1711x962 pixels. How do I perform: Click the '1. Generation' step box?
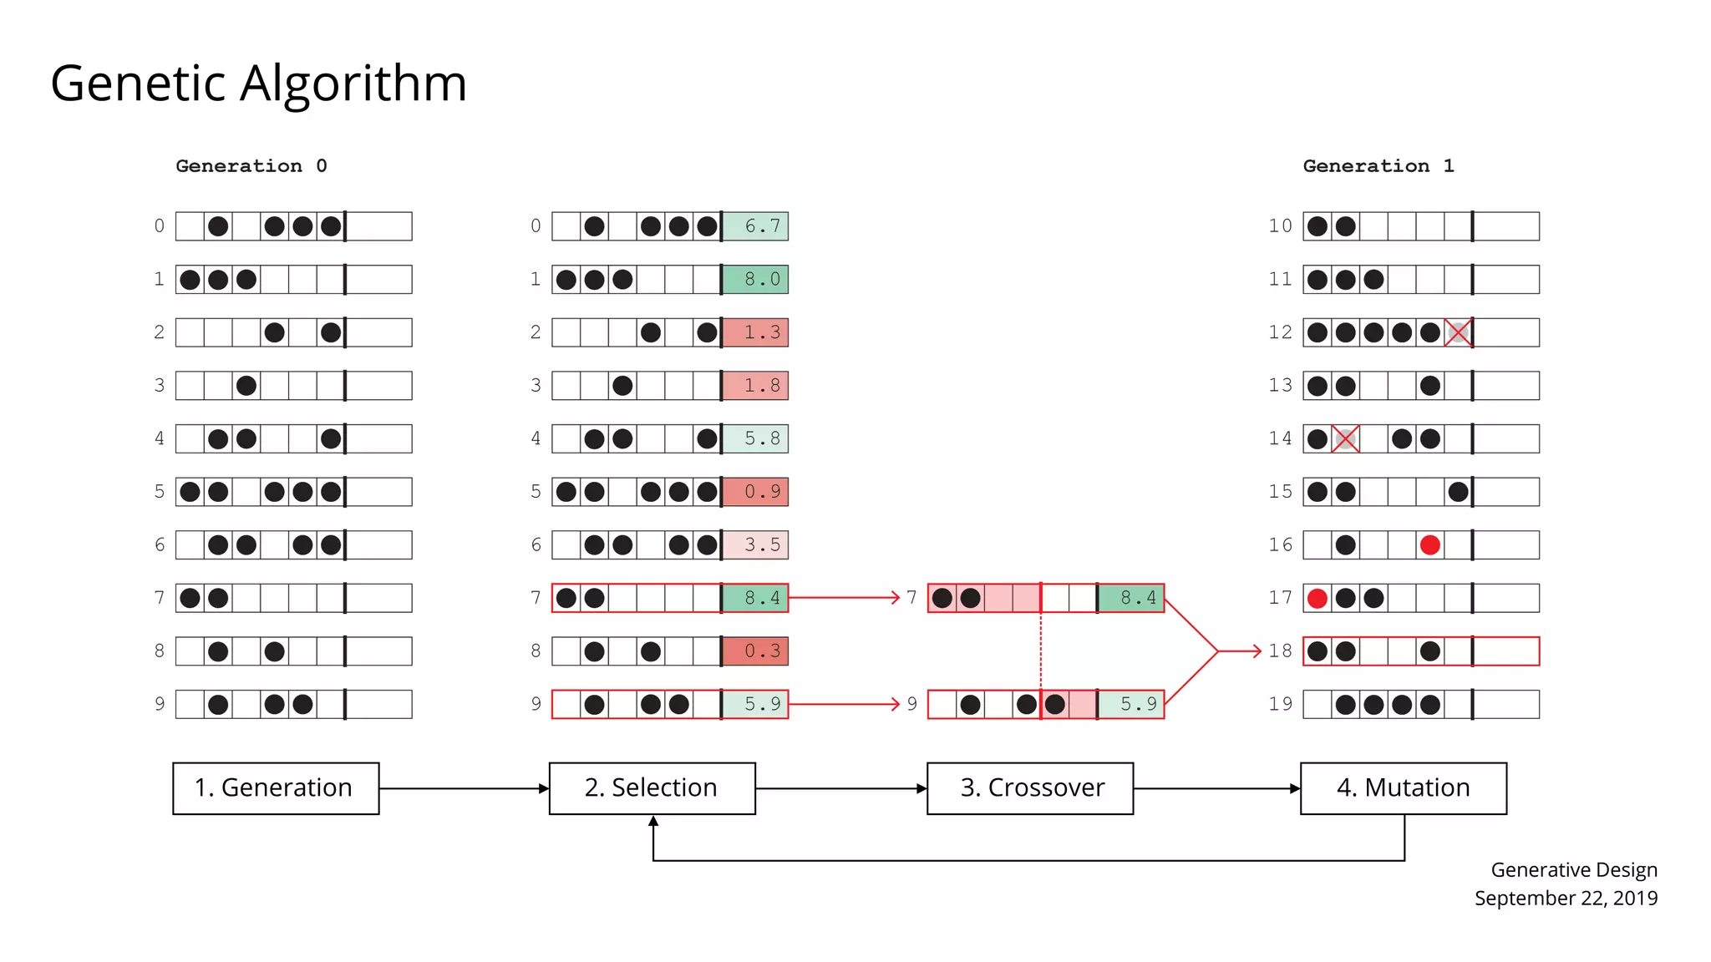(x=276, y=788)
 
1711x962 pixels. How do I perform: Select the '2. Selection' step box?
(x=652, y=788)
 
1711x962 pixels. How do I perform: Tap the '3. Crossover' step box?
(x=1030, y=788)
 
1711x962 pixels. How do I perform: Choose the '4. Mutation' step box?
(x=1404, y=788)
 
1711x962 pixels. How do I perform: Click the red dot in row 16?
(x=1429, y=545)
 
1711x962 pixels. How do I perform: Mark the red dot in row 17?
(x=1318, y=598)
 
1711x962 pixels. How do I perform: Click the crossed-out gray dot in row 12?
(x=1458, y=332)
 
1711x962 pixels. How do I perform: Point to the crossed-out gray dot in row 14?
(x=1345, y=438)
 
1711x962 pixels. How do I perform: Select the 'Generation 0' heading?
(x=251, y=166)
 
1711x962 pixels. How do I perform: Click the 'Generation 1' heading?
(x=1378, y=166)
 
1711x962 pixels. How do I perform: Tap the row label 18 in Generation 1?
(x=1280, y=651)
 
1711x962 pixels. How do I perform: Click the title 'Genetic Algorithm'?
(x=258, y=84)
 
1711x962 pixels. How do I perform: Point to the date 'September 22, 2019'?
(x=1566, y=899)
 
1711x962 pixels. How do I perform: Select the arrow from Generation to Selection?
(x=464, y=788)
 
